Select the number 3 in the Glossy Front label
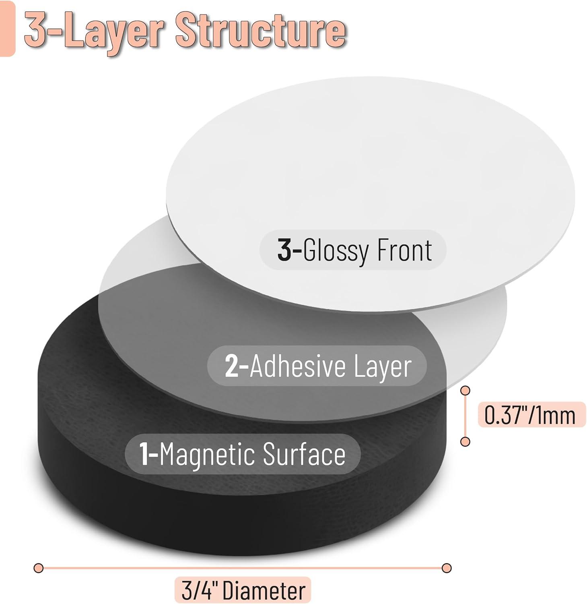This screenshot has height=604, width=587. pyautogui.click(x=284, y=250)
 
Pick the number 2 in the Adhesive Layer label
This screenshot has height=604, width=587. pyautogui.click(x=232, y=366)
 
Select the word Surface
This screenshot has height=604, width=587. pyautogui.click(x=305, y=454)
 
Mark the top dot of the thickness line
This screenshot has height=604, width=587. pyautogui.click(x=465, y=390)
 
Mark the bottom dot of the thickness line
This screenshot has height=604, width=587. pyautogui.click(x=465, y=442)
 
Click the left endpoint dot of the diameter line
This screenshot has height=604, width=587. pyautogui.click(x=39, y=568)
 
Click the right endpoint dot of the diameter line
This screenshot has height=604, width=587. pyautogui.click(x=446, y=568)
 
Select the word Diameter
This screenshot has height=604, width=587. pyautogui.click(x=264, y=591)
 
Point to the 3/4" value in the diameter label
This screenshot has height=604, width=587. pyautogui.click(x=198, y=591)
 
